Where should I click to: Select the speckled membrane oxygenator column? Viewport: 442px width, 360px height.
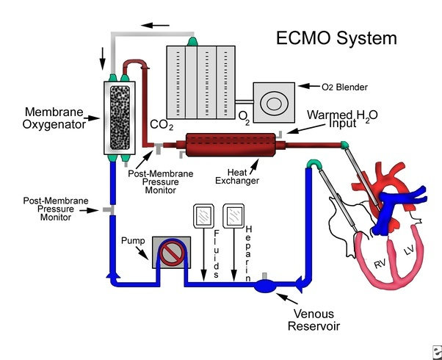pyautogui.click(x=117, y=119)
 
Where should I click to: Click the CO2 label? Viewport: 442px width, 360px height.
pyautogui.click(x=162, y=126)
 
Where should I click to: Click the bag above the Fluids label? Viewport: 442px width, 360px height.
pyautogui.click(x=202, y=218)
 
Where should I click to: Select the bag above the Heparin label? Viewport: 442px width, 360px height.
pyautogui.click(x=234, y=218)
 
